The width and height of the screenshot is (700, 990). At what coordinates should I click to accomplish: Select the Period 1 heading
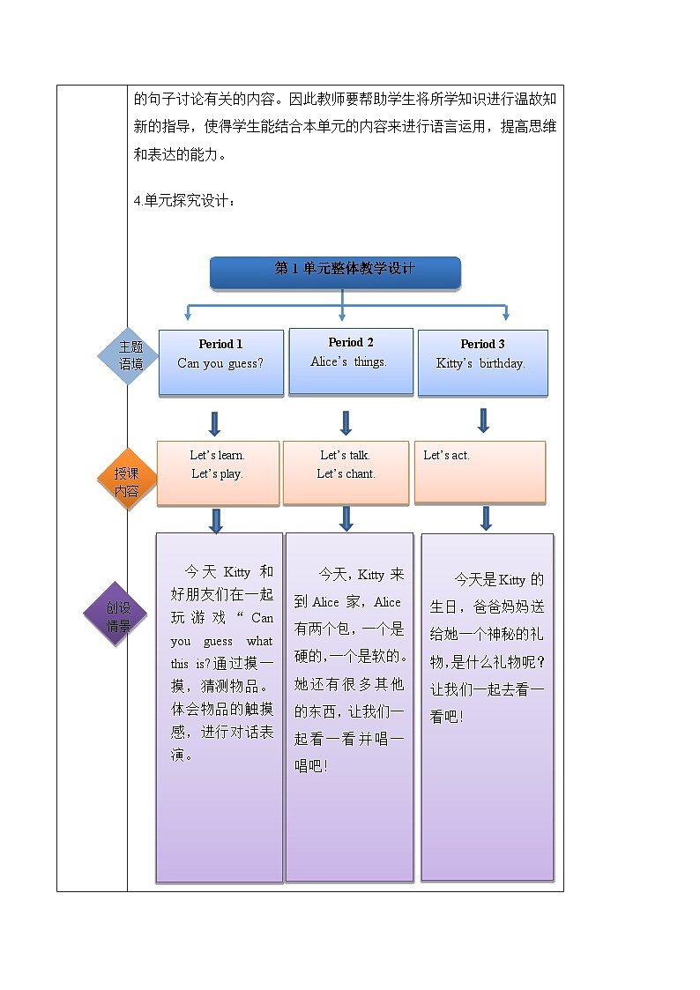220,344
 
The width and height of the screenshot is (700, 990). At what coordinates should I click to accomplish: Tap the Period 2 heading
351,342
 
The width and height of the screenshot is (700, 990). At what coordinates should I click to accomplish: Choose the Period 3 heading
482,344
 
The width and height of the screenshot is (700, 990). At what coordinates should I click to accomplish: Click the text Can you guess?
220,363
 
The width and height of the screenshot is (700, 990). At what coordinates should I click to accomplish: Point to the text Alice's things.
349,361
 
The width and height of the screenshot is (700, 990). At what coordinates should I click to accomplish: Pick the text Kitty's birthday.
480,363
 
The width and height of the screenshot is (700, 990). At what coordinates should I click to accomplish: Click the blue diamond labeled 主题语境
130,355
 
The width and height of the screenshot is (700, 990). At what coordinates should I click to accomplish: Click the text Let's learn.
217,456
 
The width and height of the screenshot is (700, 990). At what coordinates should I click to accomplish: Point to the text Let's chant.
346,474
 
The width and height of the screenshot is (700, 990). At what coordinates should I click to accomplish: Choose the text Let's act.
446,456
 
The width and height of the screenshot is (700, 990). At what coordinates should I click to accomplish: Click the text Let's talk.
345,456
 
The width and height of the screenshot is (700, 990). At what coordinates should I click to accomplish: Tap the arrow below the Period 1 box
214,423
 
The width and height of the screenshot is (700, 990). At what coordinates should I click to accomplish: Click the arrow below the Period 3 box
483,420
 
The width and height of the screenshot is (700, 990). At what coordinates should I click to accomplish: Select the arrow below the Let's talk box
346,518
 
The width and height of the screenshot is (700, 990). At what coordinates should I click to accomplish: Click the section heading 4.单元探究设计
184,201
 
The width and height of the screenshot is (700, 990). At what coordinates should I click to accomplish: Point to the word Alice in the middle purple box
325,602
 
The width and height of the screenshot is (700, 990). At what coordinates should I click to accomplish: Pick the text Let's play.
217,474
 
